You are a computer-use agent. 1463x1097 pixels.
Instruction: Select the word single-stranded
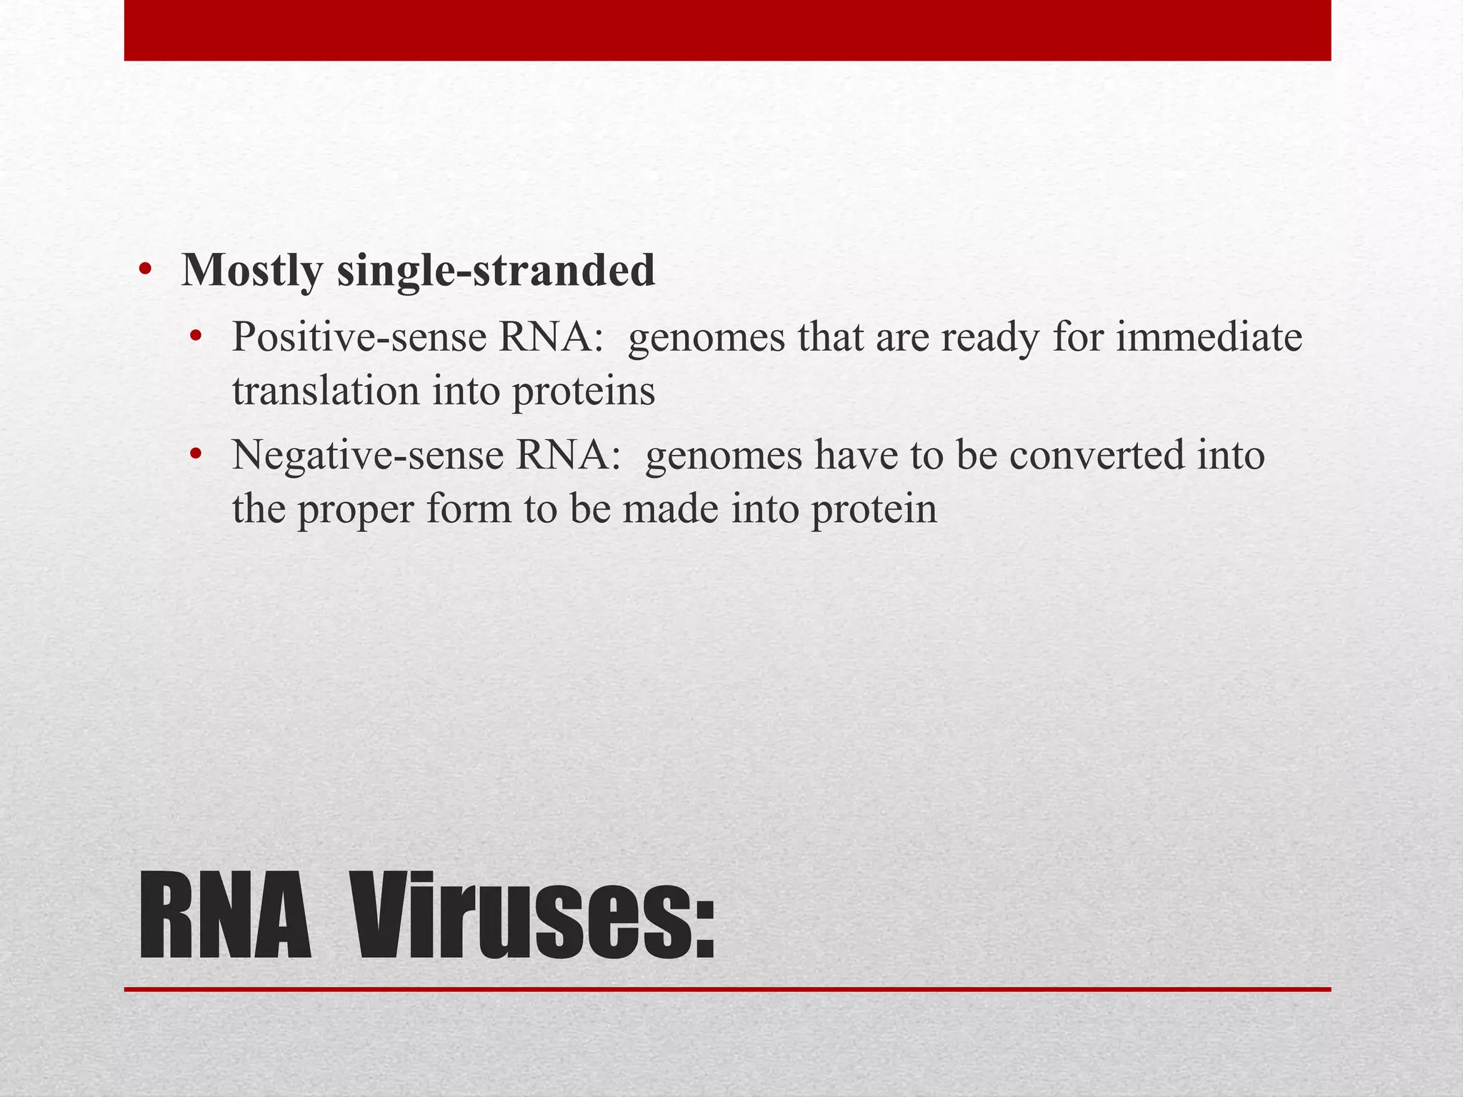tap(496, 271)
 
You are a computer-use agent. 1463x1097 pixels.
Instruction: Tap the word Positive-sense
tap(359, 337)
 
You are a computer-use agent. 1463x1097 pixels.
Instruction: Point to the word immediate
tap(1209, 337)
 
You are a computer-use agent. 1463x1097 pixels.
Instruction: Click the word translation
tap(325, 391)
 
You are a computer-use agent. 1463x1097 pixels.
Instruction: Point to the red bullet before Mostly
tap(145, 271)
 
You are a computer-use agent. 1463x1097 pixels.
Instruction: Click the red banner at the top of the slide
tap(727, 30)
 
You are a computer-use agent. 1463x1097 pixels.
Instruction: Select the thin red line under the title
tap(727, 989)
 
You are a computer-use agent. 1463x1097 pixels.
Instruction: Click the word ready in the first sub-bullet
tap(989, 339)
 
